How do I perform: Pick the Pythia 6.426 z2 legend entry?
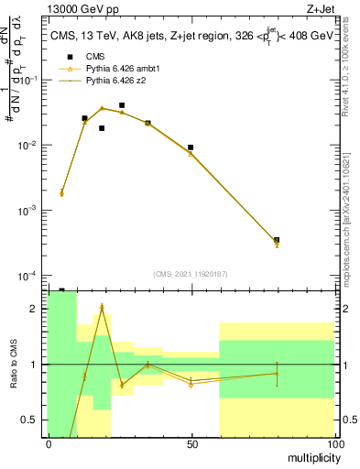[x=115, y=81]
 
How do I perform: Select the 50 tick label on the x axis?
[x=191, y=443]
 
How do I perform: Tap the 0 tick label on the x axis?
[x=49, y=443]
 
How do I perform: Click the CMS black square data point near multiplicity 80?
[x=277, y=240]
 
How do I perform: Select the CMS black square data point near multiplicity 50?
[x=191, y=147]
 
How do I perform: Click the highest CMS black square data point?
[x=122, y=105]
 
